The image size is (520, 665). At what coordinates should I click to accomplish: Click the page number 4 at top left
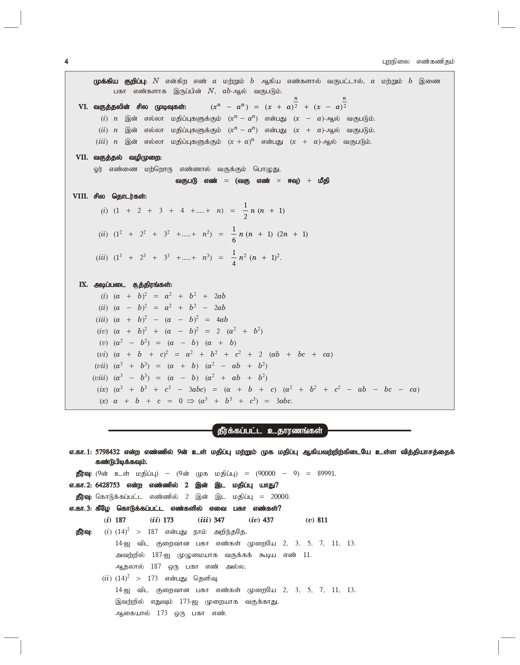67,62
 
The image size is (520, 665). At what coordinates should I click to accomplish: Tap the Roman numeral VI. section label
84,107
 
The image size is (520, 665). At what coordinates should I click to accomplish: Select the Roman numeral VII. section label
82,157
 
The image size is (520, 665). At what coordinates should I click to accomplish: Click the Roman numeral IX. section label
84,285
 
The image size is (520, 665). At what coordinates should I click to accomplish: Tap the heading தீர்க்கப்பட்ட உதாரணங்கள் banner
270,430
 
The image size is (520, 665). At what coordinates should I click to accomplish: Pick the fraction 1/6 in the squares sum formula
234,234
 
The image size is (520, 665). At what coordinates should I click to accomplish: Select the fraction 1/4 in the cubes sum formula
234,258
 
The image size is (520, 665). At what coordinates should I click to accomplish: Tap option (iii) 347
211,520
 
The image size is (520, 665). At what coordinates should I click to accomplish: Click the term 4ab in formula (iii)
221,320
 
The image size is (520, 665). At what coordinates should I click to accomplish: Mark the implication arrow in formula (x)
191,401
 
